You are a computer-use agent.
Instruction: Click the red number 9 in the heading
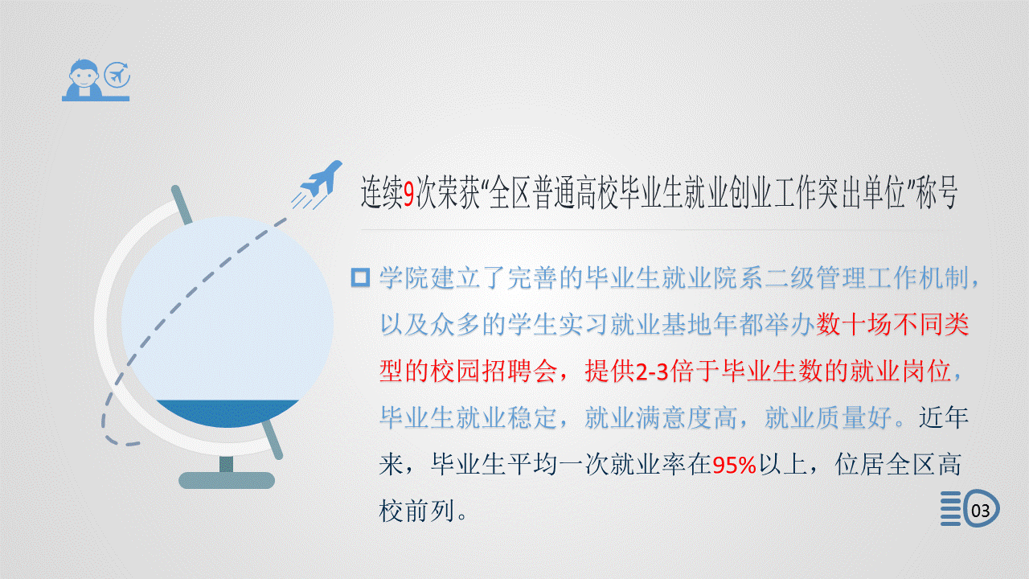409,193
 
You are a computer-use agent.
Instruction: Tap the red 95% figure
734,466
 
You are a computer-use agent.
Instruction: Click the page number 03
980,511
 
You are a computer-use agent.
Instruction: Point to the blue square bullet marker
360,277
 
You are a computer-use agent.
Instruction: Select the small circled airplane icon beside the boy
117,75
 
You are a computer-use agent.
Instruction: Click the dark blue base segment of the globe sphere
228,412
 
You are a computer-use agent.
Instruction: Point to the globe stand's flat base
227,480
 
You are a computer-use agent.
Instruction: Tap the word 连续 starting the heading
382,193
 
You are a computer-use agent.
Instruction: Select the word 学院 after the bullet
404,278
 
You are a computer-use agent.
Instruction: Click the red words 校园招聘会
468,372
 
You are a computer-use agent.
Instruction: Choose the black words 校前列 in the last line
417,511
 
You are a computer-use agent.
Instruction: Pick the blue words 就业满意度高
661,418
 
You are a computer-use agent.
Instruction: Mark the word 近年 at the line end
944,418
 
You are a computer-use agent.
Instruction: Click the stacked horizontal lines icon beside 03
950,508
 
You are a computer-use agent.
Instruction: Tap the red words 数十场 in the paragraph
854,324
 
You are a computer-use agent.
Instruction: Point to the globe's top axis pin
182,205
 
